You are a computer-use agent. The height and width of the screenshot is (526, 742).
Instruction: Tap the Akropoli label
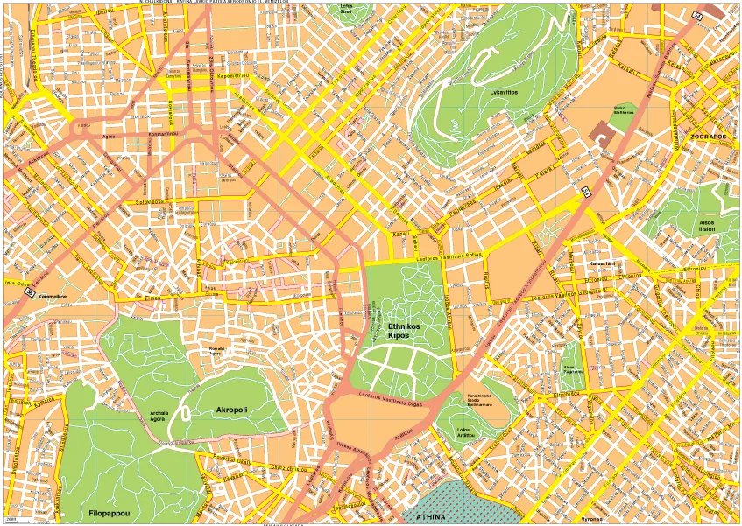point(232,409)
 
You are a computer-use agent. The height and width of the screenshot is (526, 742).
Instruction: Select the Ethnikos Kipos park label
point(404,331)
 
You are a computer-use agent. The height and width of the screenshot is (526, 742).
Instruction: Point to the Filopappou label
point(110,512)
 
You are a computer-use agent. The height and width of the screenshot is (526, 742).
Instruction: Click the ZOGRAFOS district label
point(709,137)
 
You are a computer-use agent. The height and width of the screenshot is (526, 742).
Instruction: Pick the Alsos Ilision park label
point(706,226)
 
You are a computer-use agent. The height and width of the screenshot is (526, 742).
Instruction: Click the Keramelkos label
point(55,296)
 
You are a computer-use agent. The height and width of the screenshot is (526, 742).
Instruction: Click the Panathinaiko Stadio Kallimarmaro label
point(483,402)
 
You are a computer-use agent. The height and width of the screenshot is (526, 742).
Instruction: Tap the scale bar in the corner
point(16,521)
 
